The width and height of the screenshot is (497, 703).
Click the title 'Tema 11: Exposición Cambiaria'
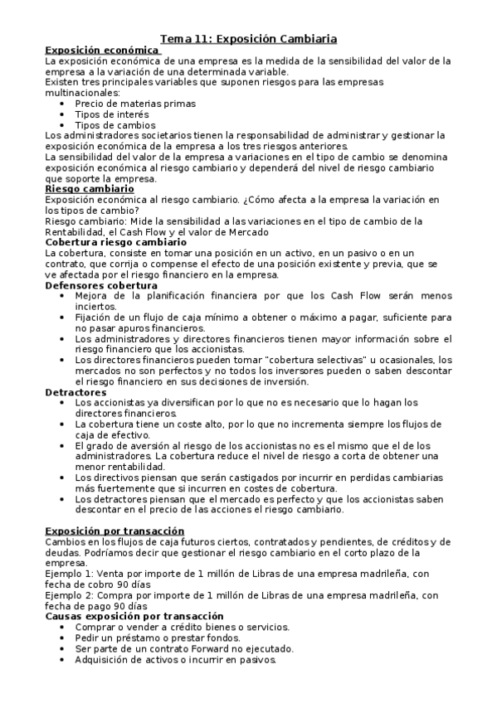pos(248,38)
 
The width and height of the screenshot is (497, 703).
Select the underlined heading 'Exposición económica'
pos(102,50)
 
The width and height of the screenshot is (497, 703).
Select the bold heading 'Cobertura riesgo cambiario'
pos(115,242)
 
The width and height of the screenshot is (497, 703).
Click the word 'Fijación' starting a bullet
pos(95,318)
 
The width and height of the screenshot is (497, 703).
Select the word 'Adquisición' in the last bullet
pos(104,660)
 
